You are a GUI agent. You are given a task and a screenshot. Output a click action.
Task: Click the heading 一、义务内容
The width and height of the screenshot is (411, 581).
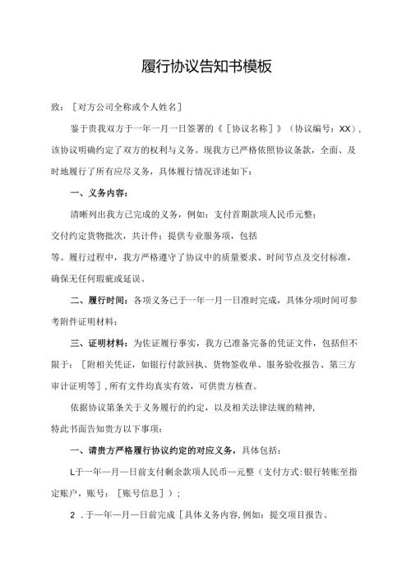pyautogui.click(x=99, y=194)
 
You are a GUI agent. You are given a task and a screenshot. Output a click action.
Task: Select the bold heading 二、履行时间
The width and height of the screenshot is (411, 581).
pyautogui.click(x=99, y=301)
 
